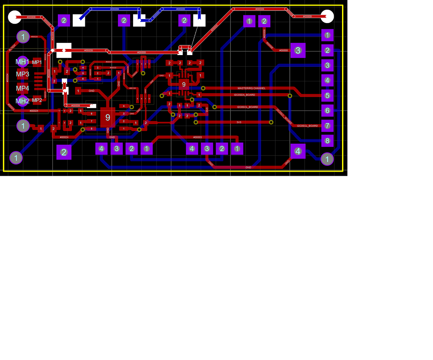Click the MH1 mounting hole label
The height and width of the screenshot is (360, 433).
[x=22, y=62]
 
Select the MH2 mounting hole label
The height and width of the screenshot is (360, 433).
[x=22, y=101]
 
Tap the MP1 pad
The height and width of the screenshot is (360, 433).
[x=37, y=63]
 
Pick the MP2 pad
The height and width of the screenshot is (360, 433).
[x=37, y=100]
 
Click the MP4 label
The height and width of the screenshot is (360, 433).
[x=22, y=88]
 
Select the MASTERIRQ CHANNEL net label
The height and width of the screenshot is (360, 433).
[x=251, y=88]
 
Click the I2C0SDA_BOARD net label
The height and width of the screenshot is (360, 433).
[x=244, y=95]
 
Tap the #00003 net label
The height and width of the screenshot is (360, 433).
[x=197, y=137]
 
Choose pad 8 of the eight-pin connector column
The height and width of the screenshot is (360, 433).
[x=327, y=141]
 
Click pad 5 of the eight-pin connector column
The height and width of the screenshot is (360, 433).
[x=327, y=96]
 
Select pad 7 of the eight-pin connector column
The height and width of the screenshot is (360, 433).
[x=327, y=126]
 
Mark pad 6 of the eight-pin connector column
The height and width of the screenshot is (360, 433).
[x=327, y=111]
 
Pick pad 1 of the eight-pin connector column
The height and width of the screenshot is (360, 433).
[x=327, y=35]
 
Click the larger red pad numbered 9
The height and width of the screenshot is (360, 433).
[x=108, y=117]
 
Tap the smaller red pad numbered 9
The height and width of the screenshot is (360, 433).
[x=184, y=85]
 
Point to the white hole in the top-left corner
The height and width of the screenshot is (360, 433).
[x=15, y=17]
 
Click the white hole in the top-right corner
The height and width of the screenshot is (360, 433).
[x=327, y=17]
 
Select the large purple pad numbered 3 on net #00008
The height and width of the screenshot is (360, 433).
[x=298, y=50]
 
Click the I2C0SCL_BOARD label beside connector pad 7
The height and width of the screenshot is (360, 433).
[x=307, y=126]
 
